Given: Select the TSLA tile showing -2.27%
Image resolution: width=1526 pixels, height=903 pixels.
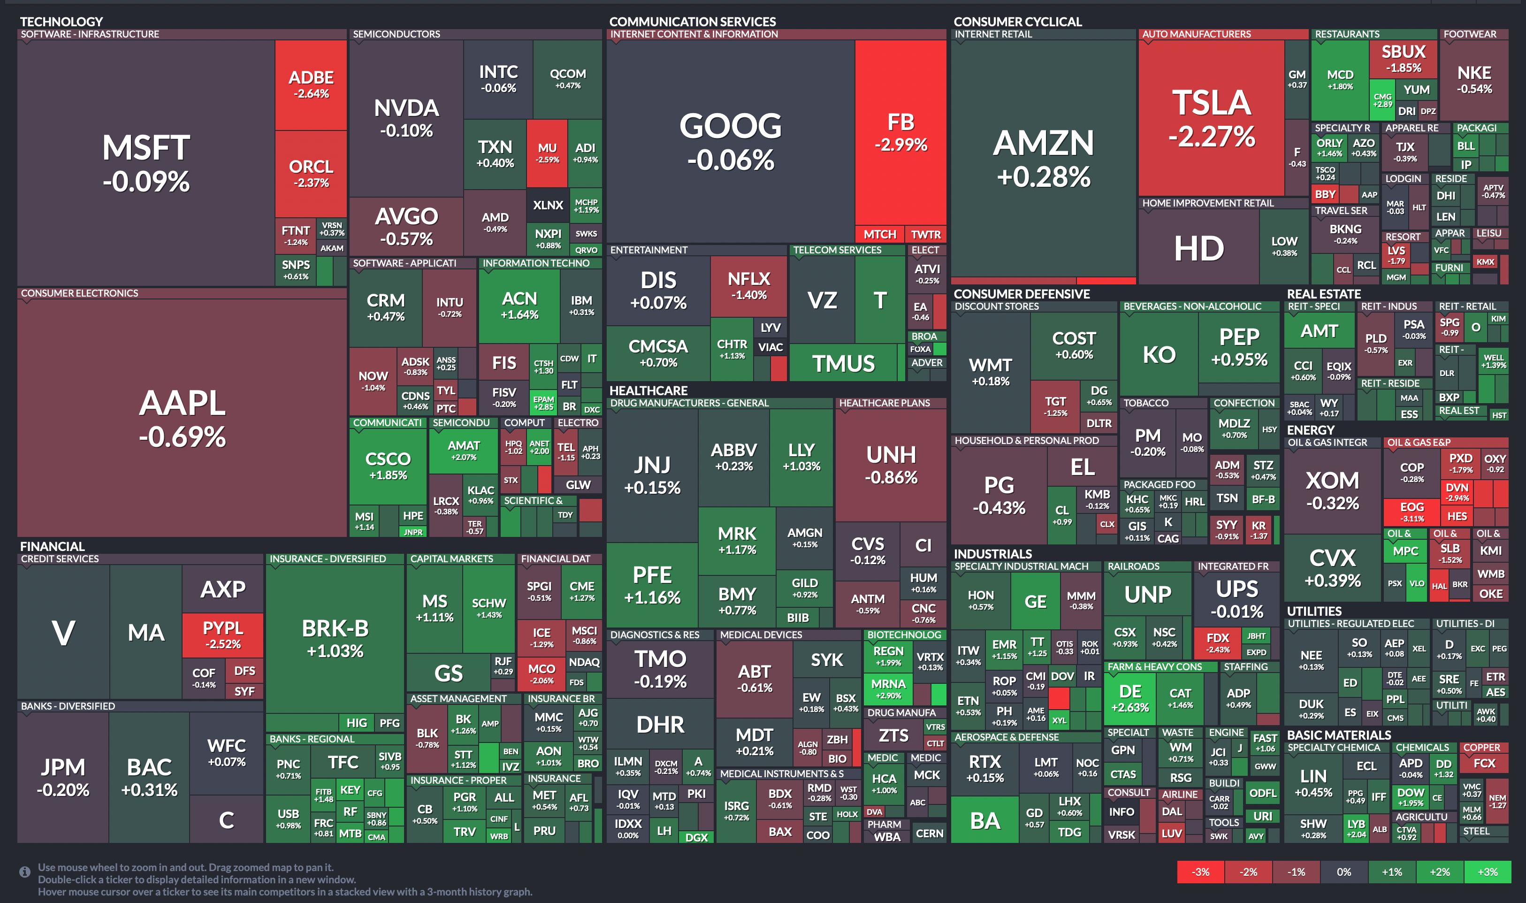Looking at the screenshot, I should coord(1211,118).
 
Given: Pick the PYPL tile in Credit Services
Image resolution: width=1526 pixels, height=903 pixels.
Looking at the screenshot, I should coord(222,635).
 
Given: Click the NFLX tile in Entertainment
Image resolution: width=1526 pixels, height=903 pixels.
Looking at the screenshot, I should coord(749,285).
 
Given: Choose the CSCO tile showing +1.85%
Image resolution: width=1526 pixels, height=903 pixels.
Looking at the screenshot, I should coord(388,466).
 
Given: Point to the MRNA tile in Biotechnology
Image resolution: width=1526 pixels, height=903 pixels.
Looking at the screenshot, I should coord(888,688).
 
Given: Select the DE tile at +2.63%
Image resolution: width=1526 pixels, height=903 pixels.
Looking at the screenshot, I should coord(1129,697).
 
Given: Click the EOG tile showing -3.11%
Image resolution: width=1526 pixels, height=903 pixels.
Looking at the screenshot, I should coord(1411,512).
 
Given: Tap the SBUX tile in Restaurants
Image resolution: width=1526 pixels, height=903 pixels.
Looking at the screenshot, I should coord(1403,58).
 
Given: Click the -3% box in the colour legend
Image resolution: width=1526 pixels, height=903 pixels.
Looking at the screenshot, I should coord(1200,872).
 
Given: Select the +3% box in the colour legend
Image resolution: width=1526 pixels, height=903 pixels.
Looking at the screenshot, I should coord(1487,872).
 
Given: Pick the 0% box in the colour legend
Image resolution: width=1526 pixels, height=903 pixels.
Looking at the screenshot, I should coord(1343,872).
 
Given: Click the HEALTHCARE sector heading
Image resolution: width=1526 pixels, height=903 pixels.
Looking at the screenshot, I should coord(649,390).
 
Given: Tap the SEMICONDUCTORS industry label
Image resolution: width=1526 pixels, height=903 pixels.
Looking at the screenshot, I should coord(396,34).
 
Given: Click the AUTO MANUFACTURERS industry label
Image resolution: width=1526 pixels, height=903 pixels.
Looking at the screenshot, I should coord(1196,34).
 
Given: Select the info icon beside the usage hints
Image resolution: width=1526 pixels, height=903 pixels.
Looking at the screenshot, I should coord(25,872).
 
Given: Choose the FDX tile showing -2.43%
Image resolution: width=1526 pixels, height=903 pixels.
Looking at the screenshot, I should coord(1217,643).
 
